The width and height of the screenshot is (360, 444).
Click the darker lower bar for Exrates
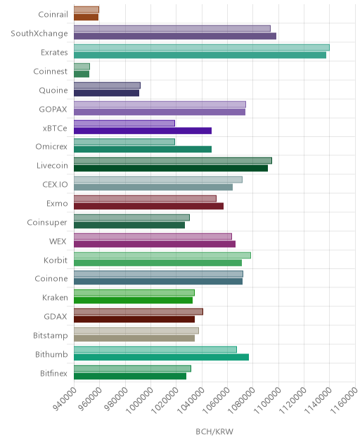tap(200, 55)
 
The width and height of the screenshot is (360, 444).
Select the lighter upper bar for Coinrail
tap(86, 10)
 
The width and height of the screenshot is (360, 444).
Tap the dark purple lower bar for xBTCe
tap(143, 131)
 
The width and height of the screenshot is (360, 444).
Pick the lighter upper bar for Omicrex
tap(124, 142)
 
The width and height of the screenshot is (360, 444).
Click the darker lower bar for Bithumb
tap(161, 357)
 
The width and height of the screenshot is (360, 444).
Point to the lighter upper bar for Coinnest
tap(82, 67)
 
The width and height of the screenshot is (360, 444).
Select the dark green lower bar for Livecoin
tap(171, 168)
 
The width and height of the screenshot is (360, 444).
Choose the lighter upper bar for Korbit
tap(162, 256)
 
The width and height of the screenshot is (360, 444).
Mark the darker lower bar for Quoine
tap(107, 93)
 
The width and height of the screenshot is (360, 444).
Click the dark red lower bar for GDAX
tap(134, 319)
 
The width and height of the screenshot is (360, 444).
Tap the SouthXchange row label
tap(39, 34)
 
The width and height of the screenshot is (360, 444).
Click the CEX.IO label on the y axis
tap(56, 184)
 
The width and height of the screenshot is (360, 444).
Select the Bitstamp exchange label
tap(51, 336)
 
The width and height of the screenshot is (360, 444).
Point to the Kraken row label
tap(55, 298)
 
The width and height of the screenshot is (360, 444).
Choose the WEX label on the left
tap(58, 241)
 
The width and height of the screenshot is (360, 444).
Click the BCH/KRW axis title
tap(214, 431)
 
